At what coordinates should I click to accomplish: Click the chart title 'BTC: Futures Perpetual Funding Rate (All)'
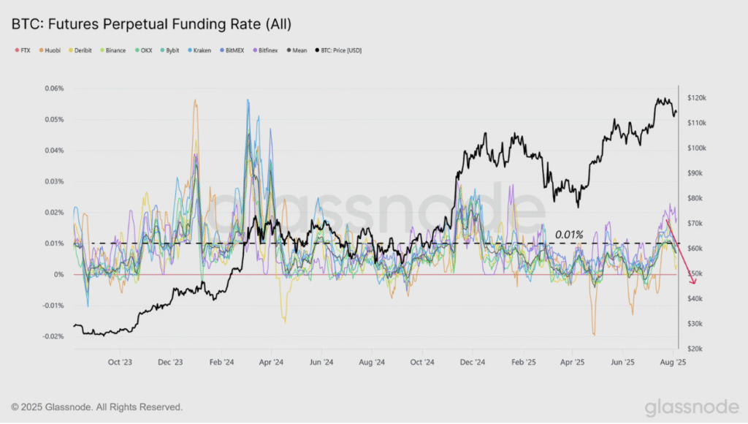click(x=151, y=24)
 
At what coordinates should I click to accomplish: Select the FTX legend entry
click(x=23, y=50)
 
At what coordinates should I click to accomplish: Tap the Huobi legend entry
click(x=50, y=50)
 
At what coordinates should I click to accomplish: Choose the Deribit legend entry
click(x=80, y=50)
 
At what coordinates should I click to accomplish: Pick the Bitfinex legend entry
click(x=265, y=50)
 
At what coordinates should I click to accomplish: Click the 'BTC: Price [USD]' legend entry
click(x=338, y=50)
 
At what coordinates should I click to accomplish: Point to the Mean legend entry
click(x=297, y=50)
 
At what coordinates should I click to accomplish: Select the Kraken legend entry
click(x=199, y=50)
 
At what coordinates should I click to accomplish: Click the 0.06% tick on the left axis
click(x=54, y=88)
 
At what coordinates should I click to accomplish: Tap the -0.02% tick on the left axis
click(x=53, y=336)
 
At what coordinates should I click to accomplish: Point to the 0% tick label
click(x=58, y=275)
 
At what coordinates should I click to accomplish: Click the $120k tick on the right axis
click(x=697, y=98)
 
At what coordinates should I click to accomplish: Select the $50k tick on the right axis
click(x=695, y=273)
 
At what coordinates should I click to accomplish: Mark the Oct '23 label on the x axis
click(x=120, y=362)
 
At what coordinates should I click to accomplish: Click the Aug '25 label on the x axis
click(x=673, y=362)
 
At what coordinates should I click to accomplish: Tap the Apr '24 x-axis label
click(x=271, y=362)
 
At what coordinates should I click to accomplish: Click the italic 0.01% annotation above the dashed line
click(x=569, y=235)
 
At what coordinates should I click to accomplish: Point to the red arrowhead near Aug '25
click(x=693, y=281)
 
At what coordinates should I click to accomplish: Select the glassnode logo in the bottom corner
click(x=692, y=406)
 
